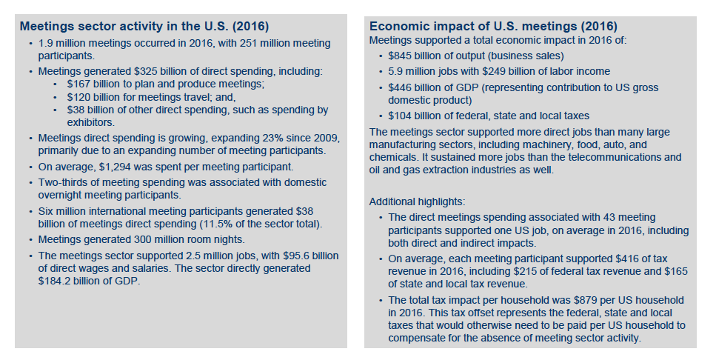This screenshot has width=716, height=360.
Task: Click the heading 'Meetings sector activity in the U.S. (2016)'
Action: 144,26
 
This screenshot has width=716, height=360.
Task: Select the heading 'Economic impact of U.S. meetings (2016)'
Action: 493,26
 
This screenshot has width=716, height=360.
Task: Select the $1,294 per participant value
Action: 114,167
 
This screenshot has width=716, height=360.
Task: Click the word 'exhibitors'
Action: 90,122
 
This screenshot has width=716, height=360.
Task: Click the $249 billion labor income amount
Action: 508,71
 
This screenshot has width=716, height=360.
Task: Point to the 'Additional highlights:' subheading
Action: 417,201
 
